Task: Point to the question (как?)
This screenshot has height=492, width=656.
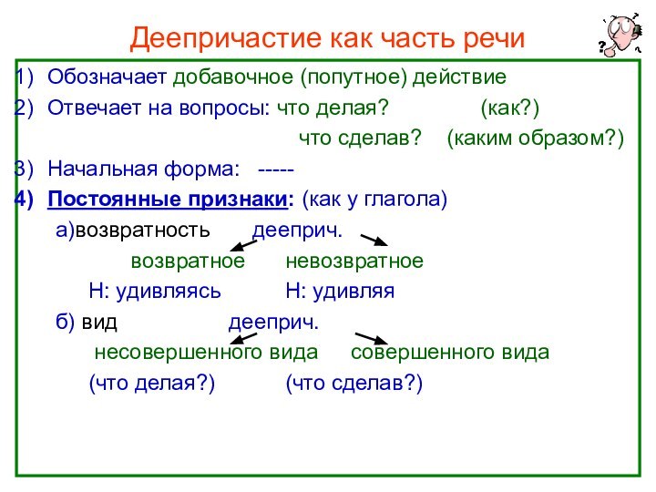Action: click(509, 108)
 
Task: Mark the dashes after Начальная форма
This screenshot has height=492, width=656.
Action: click(275, 169)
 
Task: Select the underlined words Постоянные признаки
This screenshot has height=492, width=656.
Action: click(171, 199)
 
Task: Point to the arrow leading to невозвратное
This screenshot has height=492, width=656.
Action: click(375, 241)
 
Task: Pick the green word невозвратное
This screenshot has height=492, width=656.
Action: click(354, 261)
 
